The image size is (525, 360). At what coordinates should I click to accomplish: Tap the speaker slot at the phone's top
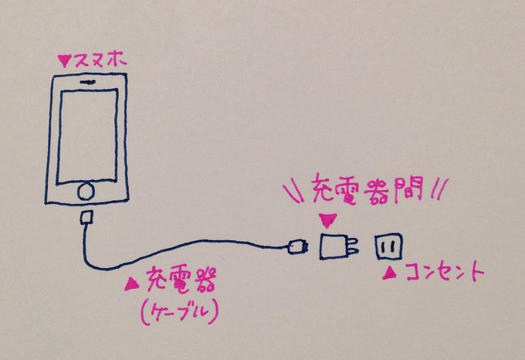86,80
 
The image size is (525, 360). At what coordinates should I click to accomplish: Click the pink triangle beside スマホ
64,59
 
